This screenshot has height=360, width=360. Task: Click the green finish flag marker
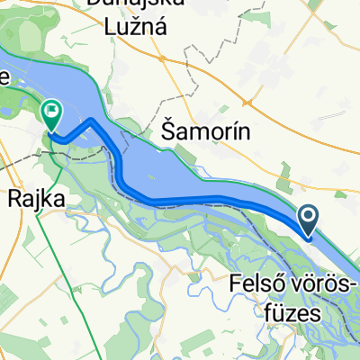(x=51, y=114)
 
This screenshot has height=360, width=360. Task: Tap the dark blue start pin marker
(x=309, y=216)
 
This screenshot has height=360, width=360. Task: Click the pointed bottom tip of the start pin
(x=309, y=236)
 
